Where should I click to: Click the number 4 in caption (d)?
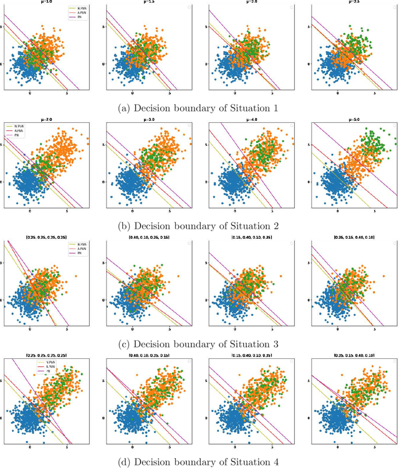[276, 461]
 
